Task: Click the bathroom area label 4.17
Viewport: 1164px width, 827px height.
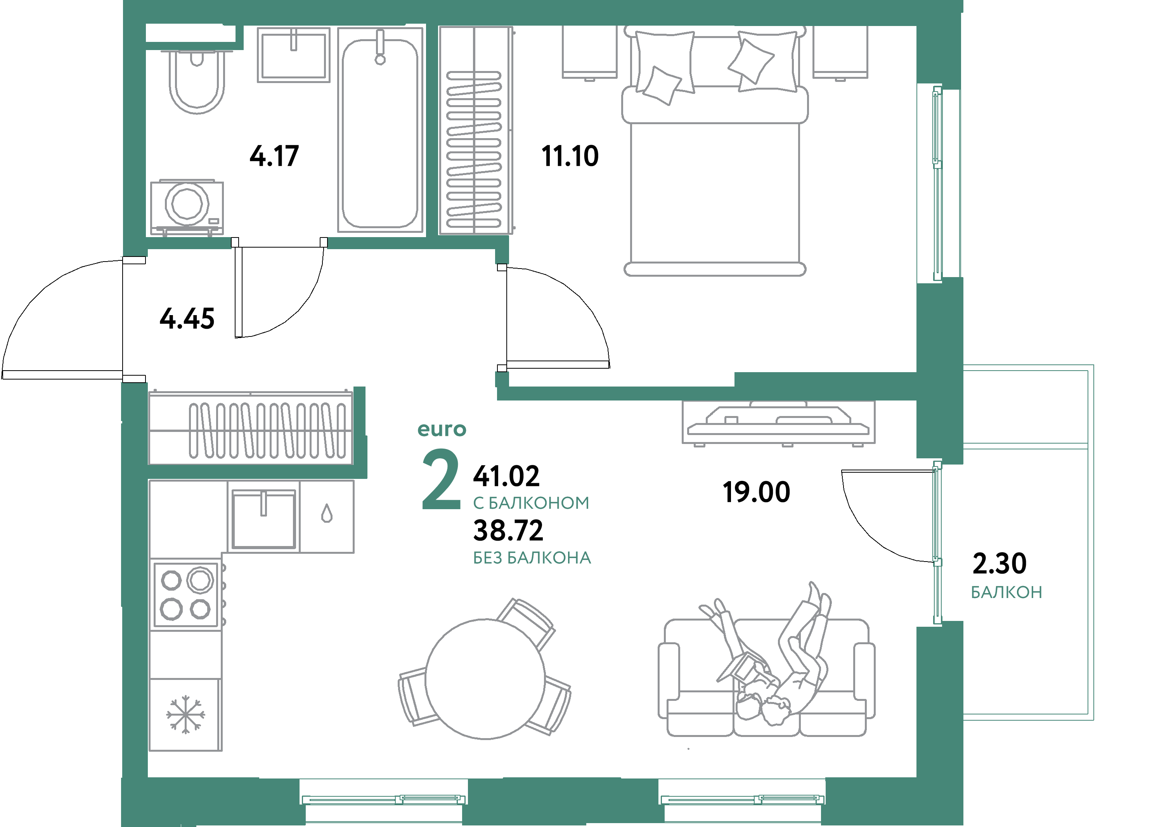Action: click(x=274, y=156)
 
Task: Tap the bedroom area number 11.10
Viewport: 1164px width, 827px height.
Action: click(x=570, y=156)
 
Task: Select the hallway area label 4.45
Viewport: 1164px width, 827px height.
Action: click(x=187, y=319)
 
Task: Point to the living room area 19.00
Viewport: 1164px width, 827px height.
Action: click(x=756, y=492)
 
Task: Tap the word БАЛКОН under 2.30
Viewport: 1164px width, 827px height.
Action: click(x=1006, y=592)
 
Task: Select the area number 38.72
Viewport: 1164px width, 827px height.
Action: click(x=508, y=531)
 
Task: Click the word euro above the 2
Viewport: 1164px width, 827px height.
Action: click(x=442, y=429)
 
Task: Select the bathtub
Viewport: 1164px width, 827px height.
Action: click(x=380, y=133)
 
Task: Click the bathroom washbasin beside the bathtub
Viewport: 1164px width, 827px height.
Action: click(x=293, y=55)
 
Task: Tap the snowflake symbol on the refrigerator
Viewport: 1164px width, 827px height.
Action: click(x=185, y=714)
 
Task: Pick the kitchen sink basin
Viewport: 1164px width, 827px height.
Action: click(x=263, y=519)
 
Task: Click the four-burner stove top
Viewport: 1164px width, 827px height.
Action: click(x=186, y=594)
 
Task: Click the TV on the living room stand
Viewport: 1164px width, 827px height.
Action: click(x=778, y=421)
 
